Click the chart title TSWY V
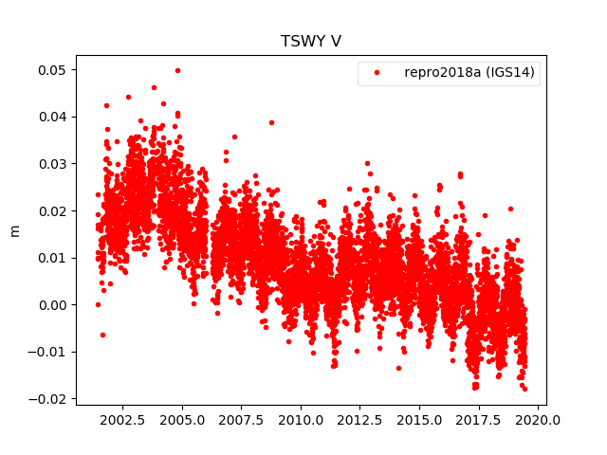click(x=310, y=41)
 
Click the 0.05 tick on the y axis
click(x=50, y=70)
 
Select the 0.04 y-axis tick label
click(x=50, y=117)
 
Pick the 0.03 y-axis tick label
click(x=50, y=164)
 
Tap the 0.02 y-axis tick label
click(x=50, y=210)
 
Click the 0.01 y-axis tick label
click(x=50, y=258)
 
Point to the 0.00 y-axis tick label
click(x=50, y=304)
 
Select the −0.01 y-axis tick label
click(x=46, y=352)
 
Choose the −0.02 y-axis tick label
click(x=46, y=398)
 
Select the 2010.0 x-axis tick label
click(x=301, y=420)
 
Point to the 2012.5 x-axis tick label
click(x=360, y=420)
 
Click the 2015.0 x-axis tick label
click(x=420, y=420)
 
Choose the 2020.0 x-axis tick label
click(x=539, y=420)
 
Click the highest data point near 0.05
click(x=177, y=70)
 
